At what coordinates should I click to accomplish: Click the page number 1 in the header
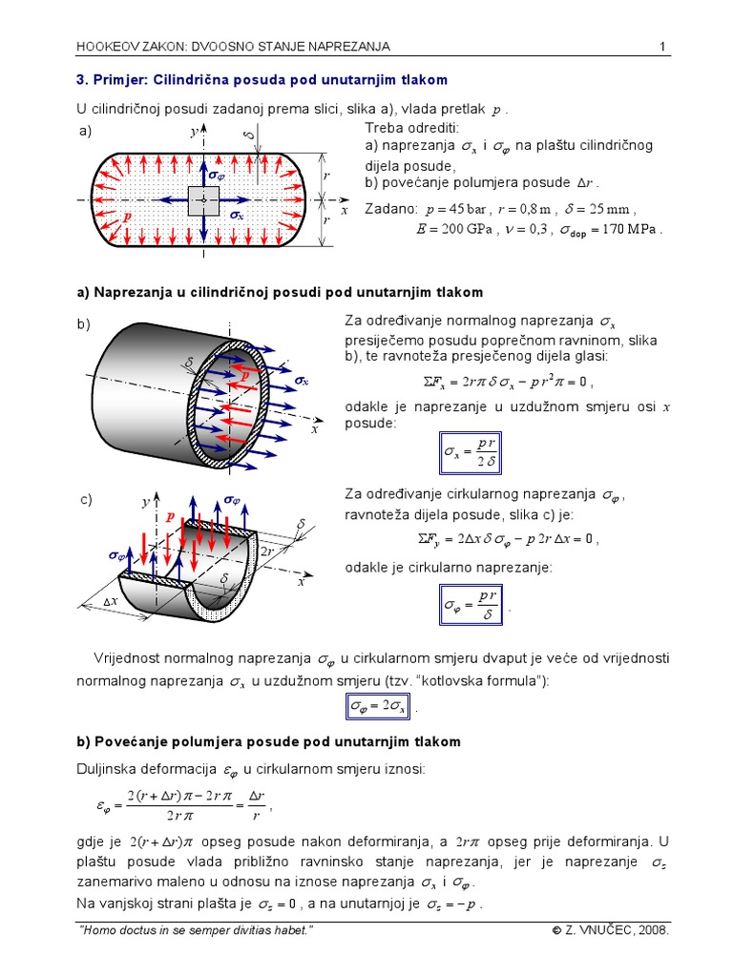(x=661, y=47)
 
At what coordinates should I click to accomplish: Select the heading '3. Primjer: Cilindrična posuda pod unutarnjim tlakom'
(x=261, y=80)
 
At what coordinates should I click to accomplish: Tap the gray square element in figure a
(x=204, y=201)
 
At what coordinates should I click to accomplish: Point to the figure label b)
(x=84, y=324)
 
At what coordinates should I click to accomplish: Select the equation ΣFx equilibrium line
(x=507, y=383)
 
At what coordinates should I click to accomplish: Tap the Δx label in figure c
(x=112, y=601)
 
